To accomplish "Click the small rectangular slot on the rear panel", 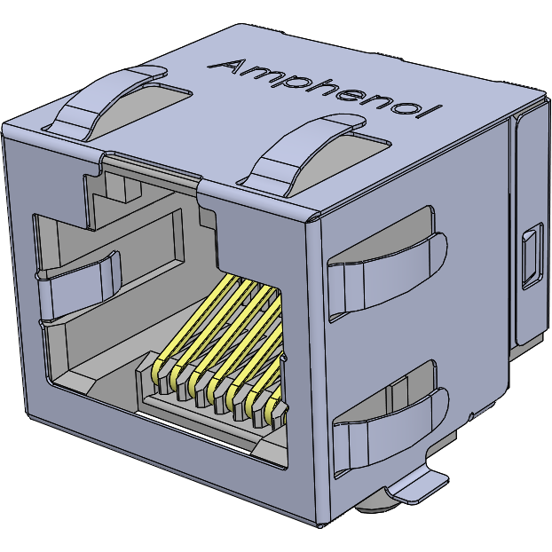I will [531, 257].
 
